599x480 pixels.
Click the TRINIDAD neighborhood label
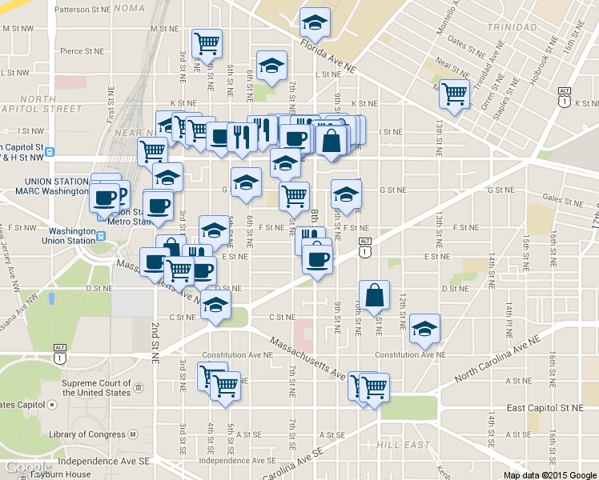click(x=510, y=27)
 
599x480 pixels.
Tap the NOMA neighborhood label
click(x=129, y=7)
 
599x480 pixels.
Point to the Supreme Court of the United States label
click(x=96, y=388)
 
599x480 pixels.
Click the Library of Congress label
click(x=87, y=434)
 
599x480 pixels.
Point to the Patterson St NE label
click(x=81, y=10)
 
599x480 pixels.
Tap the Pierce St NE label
click(x=82, y=50)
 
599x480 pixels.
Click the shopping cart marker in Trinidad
click(x=455, y=94)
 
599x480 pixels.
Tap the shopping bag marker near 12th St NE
click(x=375, y=295)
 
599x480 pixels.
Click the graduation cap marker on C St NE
click(x=215, y=305)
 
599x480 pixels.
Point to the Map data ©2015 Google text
click(x=549, y=474)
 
